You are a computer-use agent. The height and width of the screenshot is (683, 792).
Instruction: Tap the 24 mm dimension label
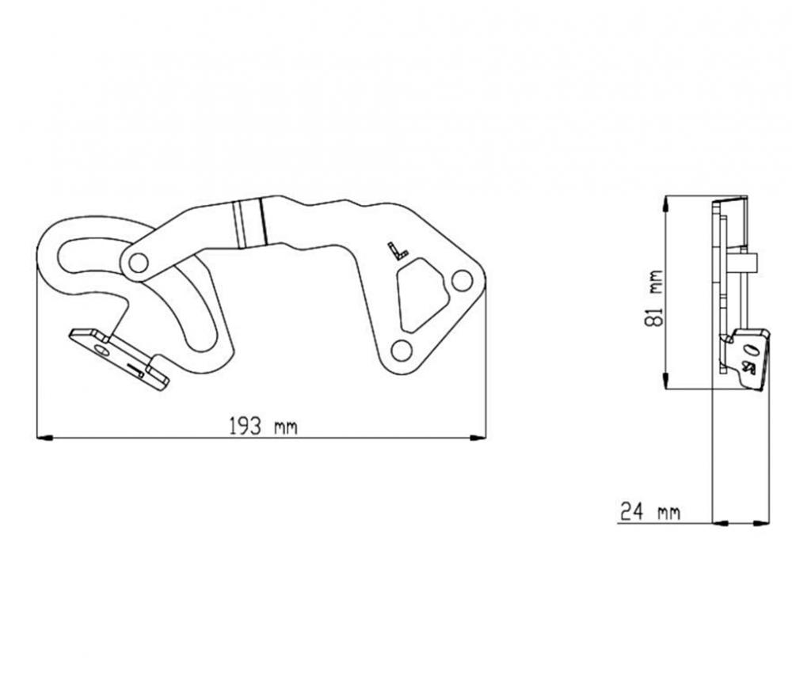point(649,512)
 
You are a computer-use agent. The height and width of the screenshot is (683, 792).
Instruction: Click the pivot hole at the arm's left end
point(138,263)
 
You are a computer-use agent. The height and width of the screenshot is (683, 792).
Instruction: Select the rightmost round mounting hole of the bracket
point(461,279)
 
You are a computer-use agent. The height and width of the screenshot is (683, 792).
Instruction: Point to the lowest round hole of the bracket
point(401,351)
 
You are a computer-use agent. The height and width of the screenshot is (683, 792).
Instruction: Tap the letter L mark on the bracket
point(398,252)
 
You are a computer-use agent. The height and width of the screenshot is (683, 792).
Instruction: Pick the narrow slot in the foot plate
point(135,367)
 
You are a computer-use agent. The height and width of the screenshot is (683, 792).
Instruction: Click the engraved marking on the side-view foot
point(748,359)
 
